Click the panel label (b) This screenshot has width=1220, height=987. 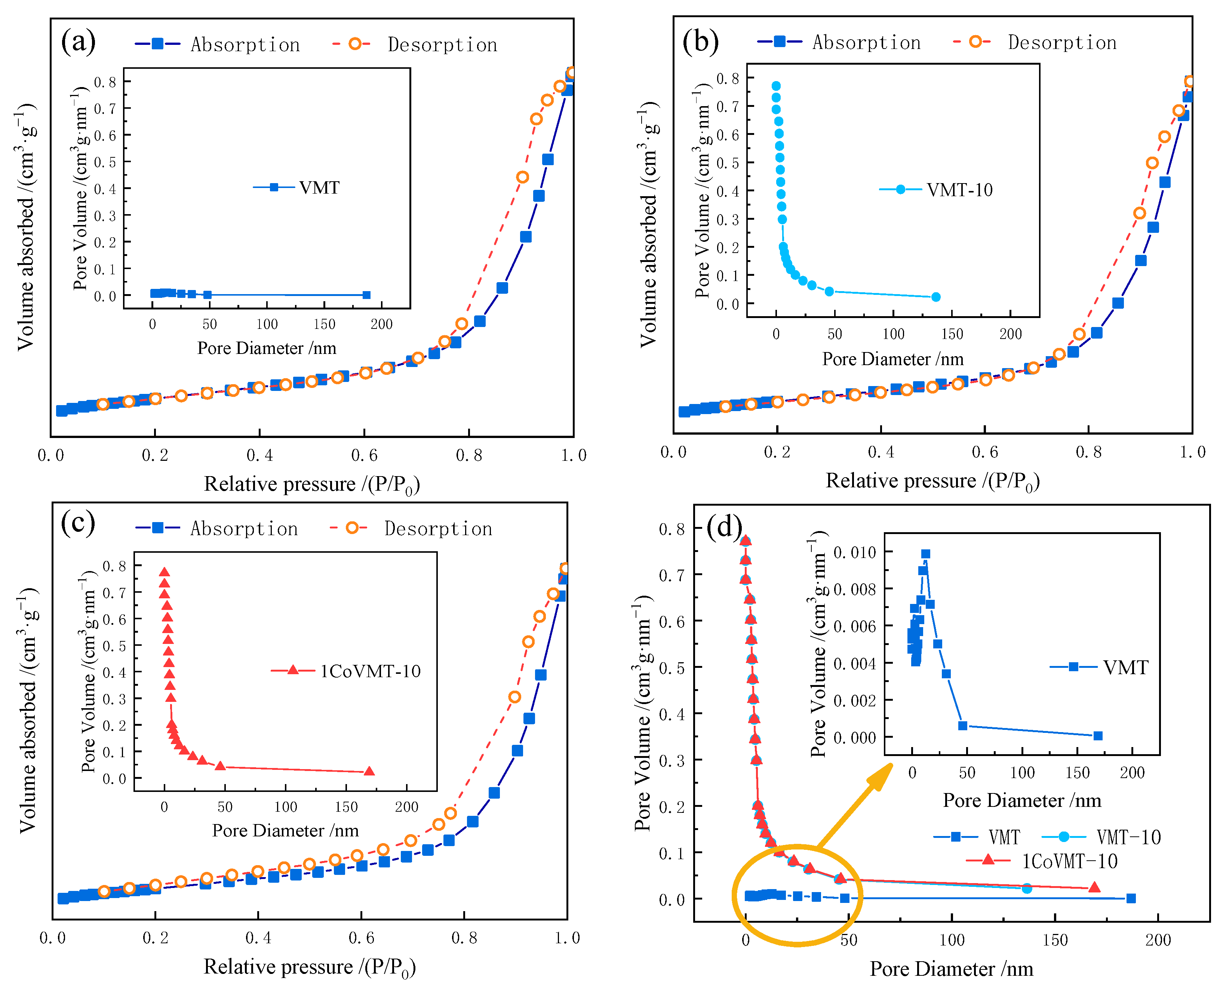(x=700, y=41)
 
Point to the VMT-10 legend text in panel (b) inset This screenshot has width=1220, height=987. (x=959, y=190)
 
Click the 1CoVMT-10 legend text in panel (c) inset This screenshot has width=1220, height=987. (x=370, y=672)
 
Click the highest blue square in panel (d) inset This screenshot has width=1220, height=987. (x=925, y=554)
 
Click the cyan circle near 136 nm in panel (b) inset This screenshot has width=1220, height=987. (x=935, y=297)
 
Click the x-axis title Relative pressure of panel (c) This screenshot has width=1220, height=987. (x=310, y=966)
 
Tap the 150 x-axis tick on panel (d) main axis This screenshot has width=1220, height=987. (x=1055, y=940)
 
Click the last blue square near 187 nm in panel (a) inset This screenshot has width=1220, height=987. (x=366, y=295)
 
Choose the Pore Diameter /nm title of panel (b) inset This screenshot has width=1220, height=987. (x=892, y=359)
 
